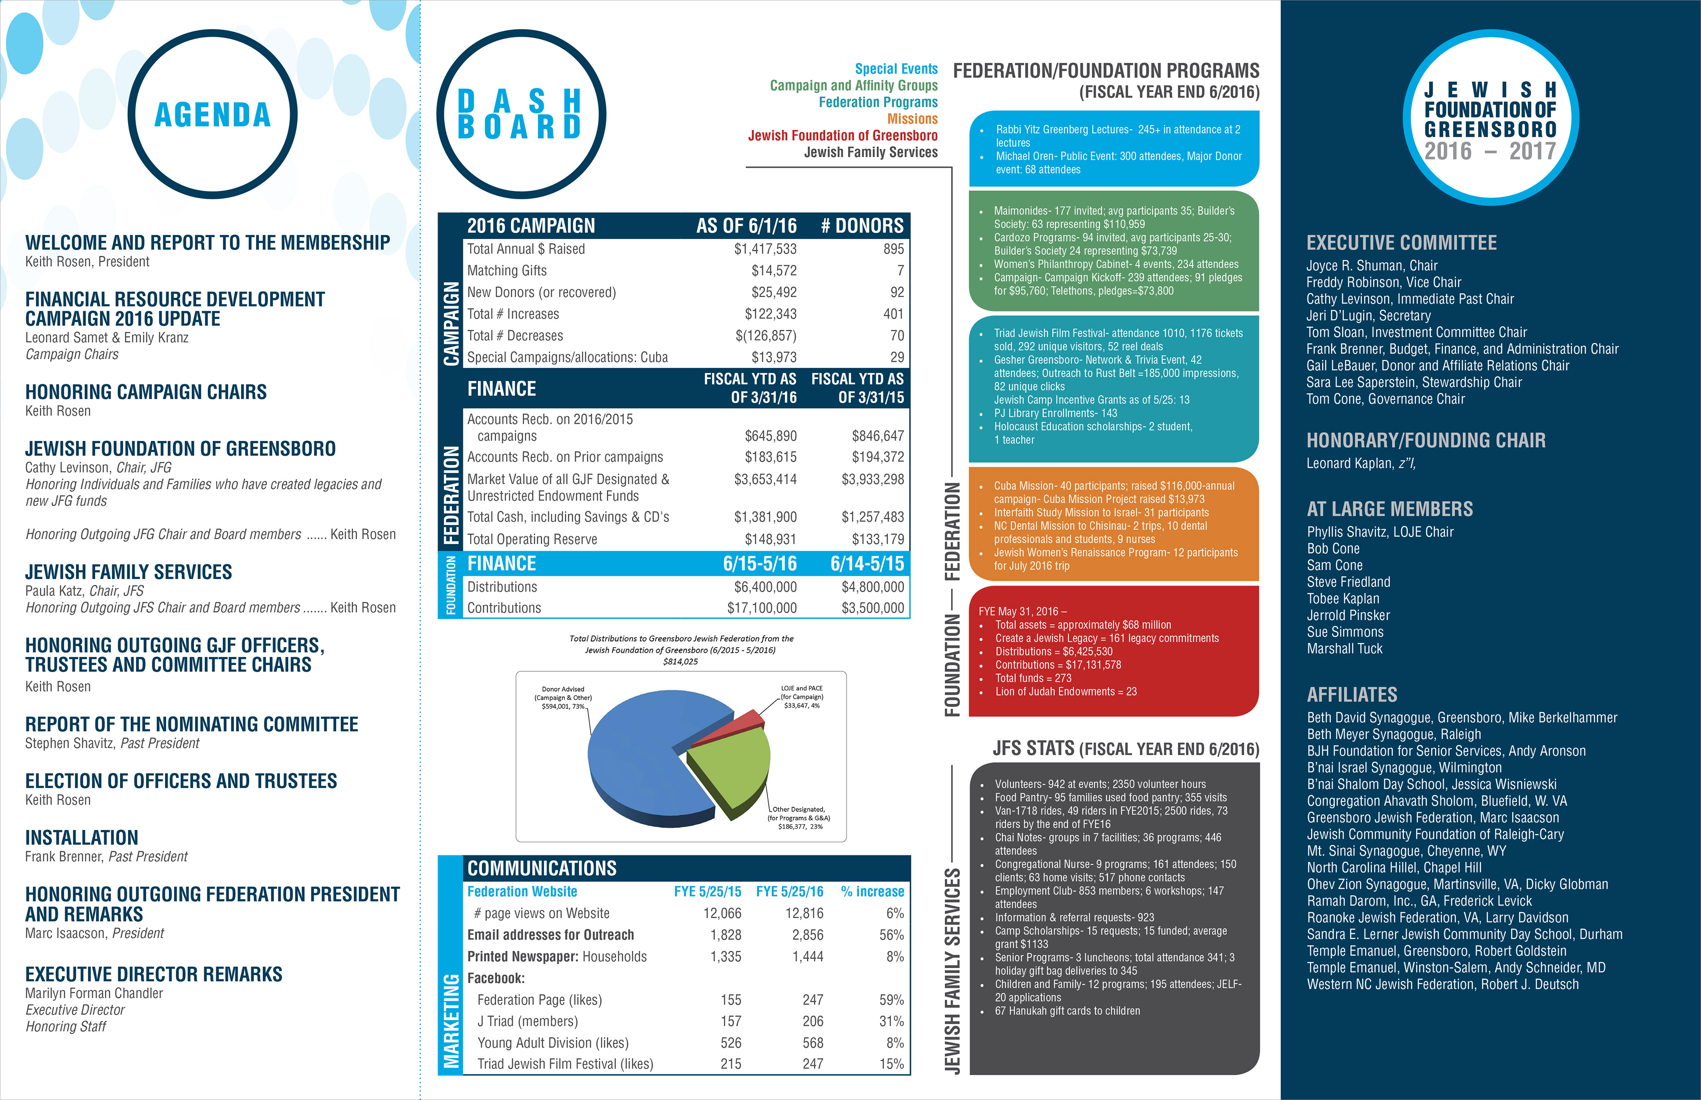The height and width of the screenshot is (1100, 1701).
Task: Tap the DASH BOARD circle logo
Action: tap(520, 114)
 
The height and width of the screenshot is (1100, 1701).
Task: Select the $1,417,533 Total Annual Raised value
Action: tap(765, 249)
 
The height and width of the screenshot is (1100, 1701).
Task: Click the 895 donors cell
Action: tap(893, 249)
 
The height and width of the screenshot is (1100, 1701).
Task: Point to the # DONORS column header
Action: tap(862, 226)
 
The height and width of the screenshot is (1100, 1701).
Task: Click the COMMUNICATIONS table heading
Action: tap(542, 868)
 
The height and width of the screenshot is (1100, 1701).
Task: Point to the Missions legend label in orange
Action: tap(912, 119)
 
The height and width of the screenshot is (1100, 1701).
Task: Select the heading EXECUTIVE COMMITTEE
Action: tap(1401, 243)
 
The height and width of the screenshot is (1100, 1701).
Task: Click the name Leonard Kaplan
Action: tap(1349, 463)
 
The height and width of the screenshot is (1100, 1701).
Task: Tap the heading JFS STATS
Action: tap(1033, 748)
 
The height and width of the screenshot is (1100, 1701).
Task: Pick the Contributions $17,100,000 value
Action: tap(762, 608)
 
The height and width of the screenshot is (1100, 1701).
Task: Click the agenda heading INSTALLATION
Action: tap(82, 837)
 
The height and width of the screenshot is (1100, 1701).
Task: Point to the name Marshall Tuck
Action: tap(1344, 648)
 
